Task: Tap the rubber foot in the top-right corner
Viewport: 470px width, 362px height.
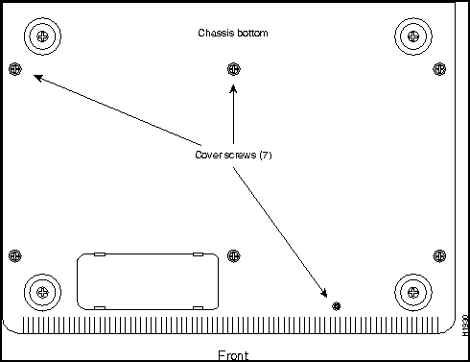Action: pos(413,36)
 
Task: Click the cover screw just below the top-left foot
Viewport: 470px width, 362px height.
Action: pos(13,68)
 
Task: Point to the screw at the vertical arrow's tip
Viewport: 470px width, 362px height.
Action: pos(234,68)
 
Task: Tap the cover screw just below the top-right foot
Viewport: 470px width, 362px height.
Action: pos(440,68)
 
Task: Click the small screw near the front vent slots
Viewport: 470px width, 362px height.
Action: pos(336,305)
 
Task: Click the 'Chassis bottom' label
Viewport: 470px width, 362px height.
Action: pos(233,33)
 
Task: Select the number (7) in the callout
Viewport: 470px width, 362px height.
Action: pos(266,155)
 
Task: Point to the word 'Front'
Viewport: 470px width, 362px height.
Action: pos(234,354)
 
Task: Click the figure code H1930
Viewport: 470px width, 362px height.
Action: pos(464,325)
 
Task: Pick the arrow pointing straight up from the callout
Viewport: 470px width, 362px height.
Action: pos(234,115)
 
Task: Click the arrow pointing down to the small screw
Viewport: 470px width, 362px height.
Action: pos(283,230)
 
